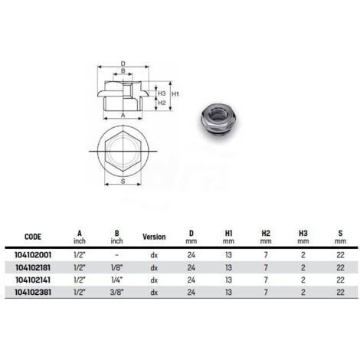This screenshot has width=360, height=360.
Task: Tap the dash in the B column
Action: [113, 256]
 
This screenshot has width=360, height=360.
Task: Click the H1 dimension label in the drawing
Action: [175, 93]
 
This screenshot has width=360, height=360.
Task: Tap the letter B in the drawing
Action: [123, 71]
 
